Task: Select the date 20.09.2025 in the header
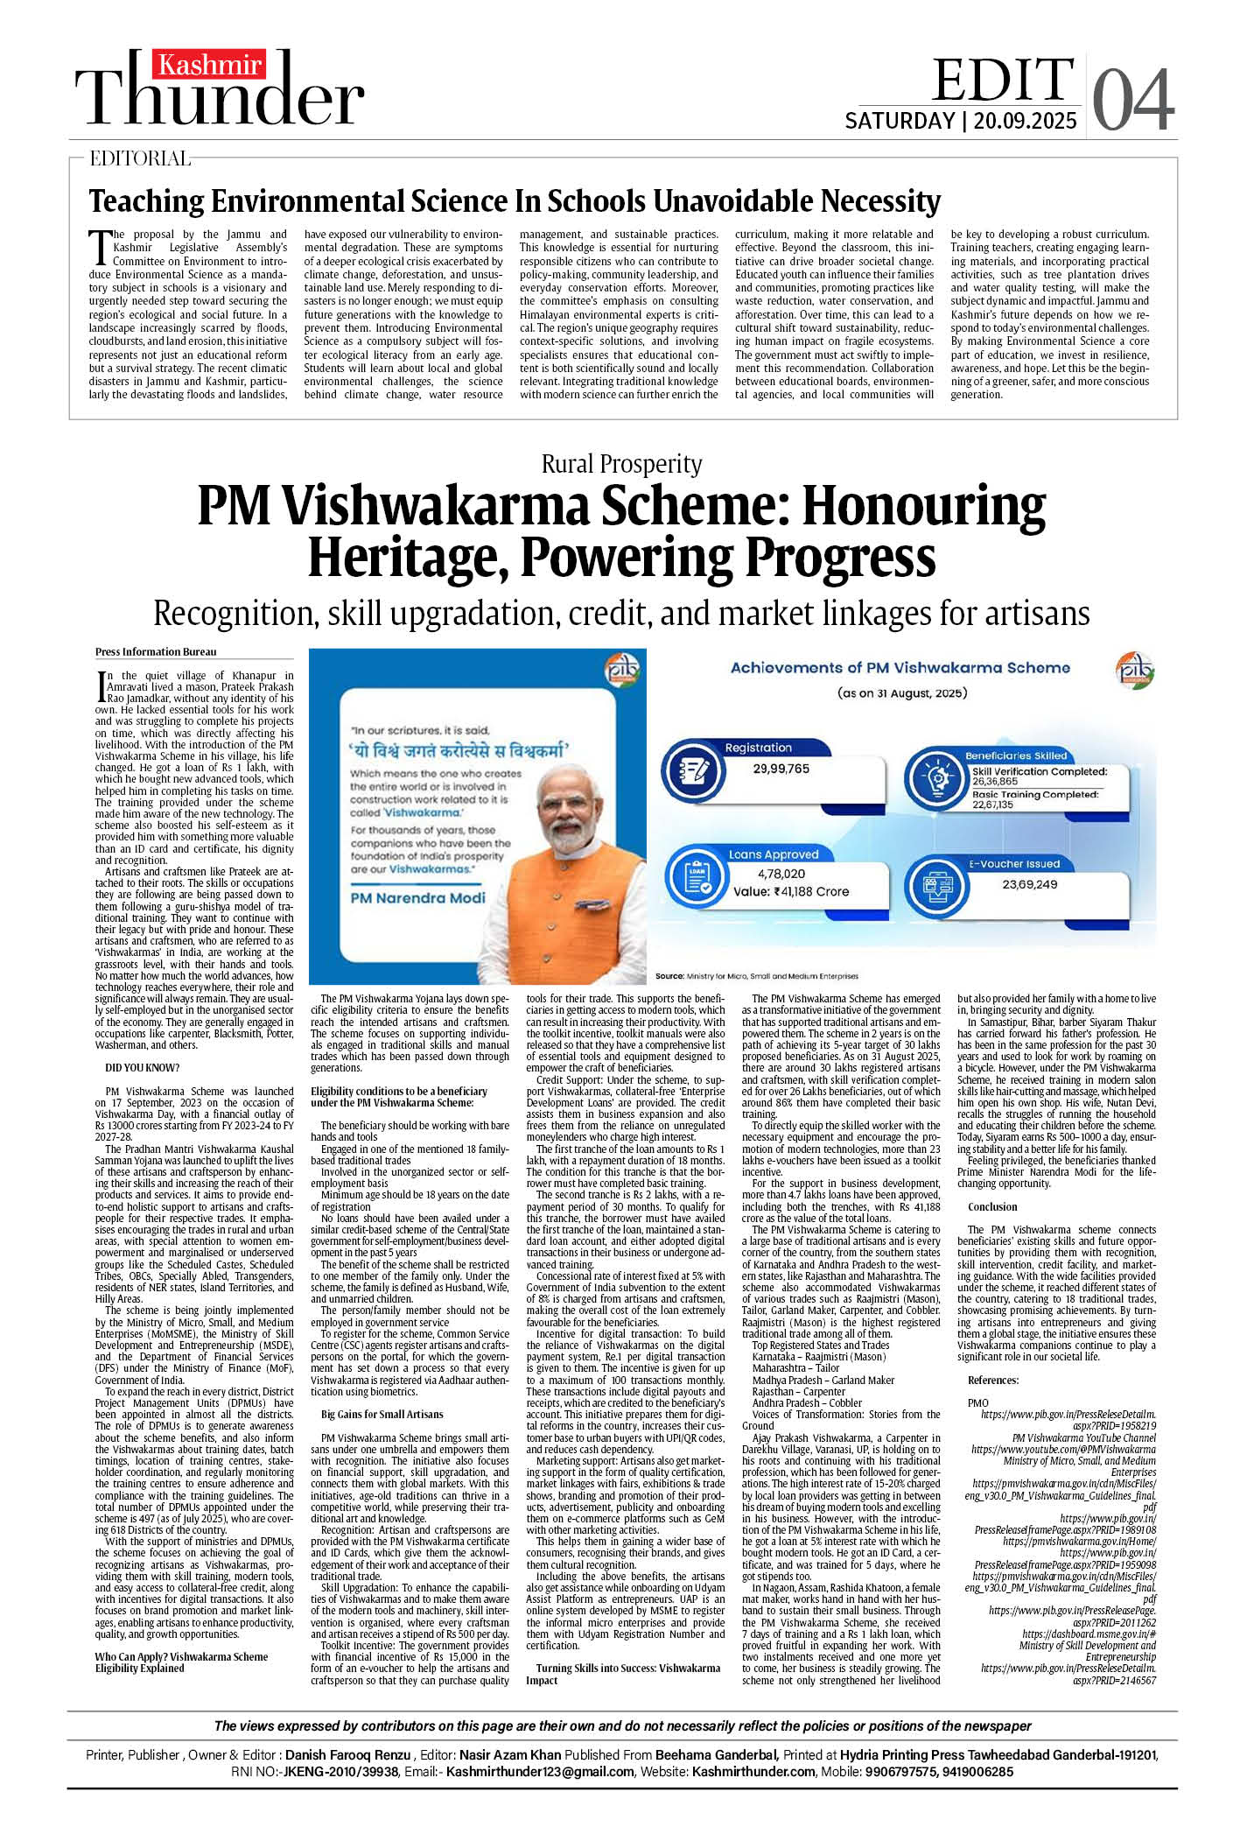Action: [1025, 121]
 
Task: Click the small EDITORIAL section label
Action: [140, 158]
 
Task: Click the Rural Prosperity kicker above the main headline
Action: [621, 464]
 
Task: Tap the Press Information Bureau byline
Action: [156, 651]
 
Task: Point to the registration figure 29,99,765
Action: [781, 769]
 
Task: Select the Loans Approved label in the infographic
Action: [774, 854]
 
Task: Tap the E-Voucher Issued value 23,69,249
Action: [1030, 884]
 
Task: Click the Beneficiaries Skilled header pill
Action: [1016, 755]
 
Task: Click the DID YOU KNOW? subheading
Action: [142, 1068]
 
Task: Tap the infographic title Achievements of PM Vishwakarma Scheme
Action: [900, 668]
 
